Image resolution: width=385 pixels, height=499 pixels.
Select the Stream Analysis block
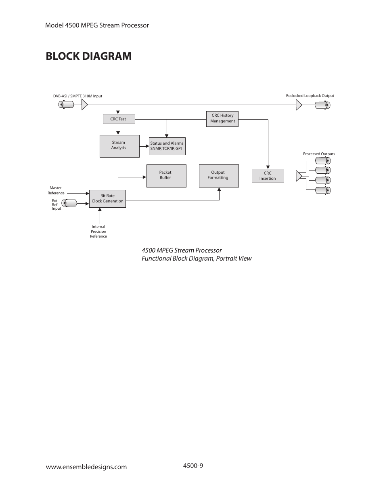[x=119, y=146]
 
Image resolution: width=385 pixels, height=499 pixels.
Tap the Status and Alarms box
[x=167, y=146]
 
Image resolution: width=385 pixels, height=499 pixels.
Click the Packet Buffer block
[x=166, y=176]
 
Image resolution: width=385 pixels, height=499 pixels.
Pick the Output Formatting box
[x=218, y=176]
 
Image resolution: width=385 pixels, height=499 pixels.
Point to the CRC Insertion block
[x=268, y=176]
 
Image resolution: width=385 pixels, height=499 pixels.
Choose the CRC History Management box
[x=222, y=119]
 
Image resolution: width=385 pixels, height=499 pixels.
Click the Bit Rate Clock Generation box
[x=107, y=199]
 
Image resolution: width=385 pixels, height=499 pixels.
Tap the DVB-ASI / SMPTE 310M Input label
[x=77, y=96]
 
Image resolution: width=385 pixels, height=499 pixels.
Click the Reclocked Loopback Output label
[x=310, y=96]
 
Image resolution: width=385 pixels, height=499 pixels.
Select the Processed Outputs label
[x=319, y=154]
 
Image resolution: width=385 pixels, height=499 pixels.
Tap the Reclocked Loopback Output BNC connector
[x=322, y=105]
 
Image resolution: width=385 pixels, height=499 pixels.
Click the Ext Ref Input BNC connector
[x=71, y=203]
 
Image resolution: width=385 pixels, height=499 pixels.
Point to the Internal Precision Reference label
[x=98, y=232]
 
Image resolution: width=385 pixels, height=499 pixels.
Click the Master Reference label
[x=56, y=190]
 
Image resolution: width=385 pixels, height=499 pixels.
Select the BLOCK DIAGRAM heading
[x=89, y=56]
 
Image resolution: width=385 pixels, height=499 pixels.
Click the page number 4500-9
[x=193, y=465]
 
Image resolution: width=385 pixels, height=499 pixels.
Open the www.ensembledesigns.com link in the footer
[x=86, y=467]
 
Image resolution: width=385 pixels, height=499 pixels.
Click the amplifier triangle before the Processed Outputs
[x=299, y=176]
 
